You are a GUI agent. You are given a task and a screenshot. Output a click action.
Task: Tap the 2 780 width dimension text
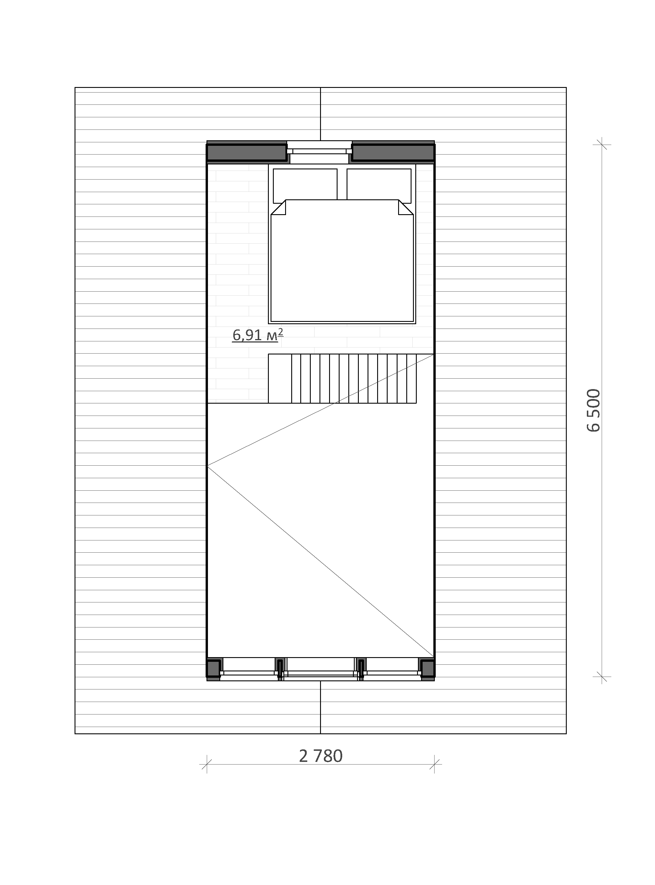point(321,756)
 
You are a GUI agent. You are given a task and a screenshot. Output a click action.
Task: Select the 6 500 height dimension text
point(594,410)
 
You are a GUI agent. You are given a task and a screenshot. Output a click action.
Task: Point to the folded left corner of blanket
point(278,207)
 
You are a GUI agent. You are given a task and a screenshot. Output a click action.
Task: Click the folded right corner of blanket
point(406,207)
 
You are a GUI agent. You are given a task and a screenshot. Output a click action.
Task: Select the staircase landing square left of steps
point(280,378)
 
